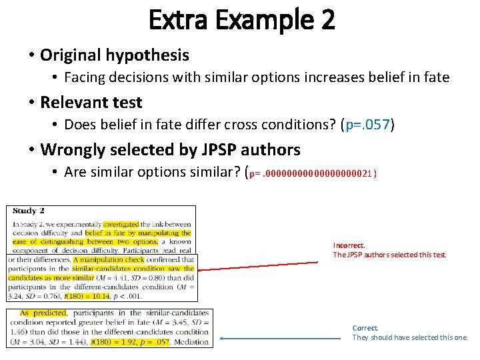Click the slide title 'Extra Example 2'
point(242,20)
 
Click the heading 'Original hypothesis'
point(115,55)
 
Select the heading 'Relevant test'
point(91,102)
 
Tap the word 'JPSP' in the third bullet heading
point(190,149)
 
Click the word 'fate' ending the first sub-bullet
point(436,77)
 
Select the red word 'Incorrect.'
point(349,245)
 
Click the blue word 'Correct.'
point(365,328)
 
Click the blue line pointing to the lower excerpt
point(280,338)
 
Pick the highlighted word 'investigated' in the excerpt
point(121,225)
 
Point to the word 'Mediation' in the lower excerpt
point(192,342)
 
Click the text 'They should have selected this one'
point(409,337)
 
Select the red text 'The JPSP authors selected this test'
point(390,255)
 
